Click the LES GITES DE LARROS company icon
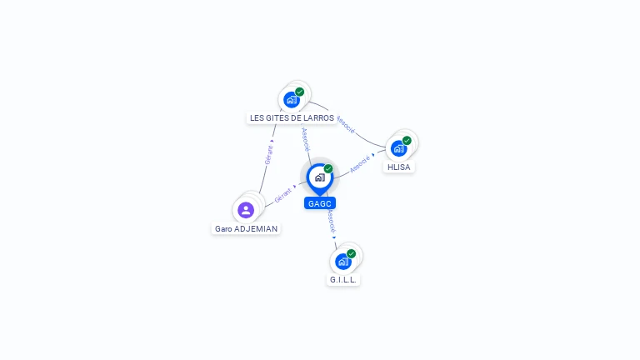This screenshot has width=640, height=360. point(291,99)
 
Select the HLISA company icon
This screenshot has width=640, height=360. point(398,148)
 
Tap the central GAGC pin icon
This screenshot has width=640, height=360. point(319,177)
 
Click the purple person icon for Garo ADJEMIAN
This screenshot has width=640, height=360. point(246,210)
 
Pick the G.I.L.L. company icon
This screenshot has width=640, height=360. point(342,261)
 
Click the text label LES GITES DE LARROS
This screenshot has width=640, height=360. point(292,118)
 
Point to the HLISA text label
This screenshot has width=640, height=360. point(399,167)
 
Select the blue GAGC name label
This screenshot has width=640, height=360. point(320,203)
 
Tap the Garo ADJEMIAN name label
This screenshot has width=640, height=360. point(246,228)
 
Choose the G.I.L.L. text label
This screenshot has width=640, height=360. point(343,280)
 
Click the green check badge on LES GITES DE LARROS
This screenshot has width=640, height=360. point(300,92)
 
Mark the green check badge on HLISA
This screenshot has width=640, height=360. point(407,141)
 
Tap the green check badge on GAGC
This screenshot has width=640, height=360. point(328,168)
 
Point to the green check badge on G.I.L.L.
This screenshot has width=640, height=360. point(352,253)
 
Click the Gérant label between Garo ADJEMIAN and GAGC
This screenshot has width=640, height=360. point(283,195)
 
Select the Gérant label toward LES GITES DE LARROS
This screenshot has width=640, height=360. point(268,154)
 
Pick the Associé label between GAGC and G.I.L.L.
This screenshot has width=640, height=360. point(331,221)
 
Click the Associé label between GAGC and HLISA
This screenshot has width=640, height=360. point(359,163)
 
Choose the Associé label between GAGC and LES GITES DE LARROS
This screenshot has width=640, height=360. point(305,138)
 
